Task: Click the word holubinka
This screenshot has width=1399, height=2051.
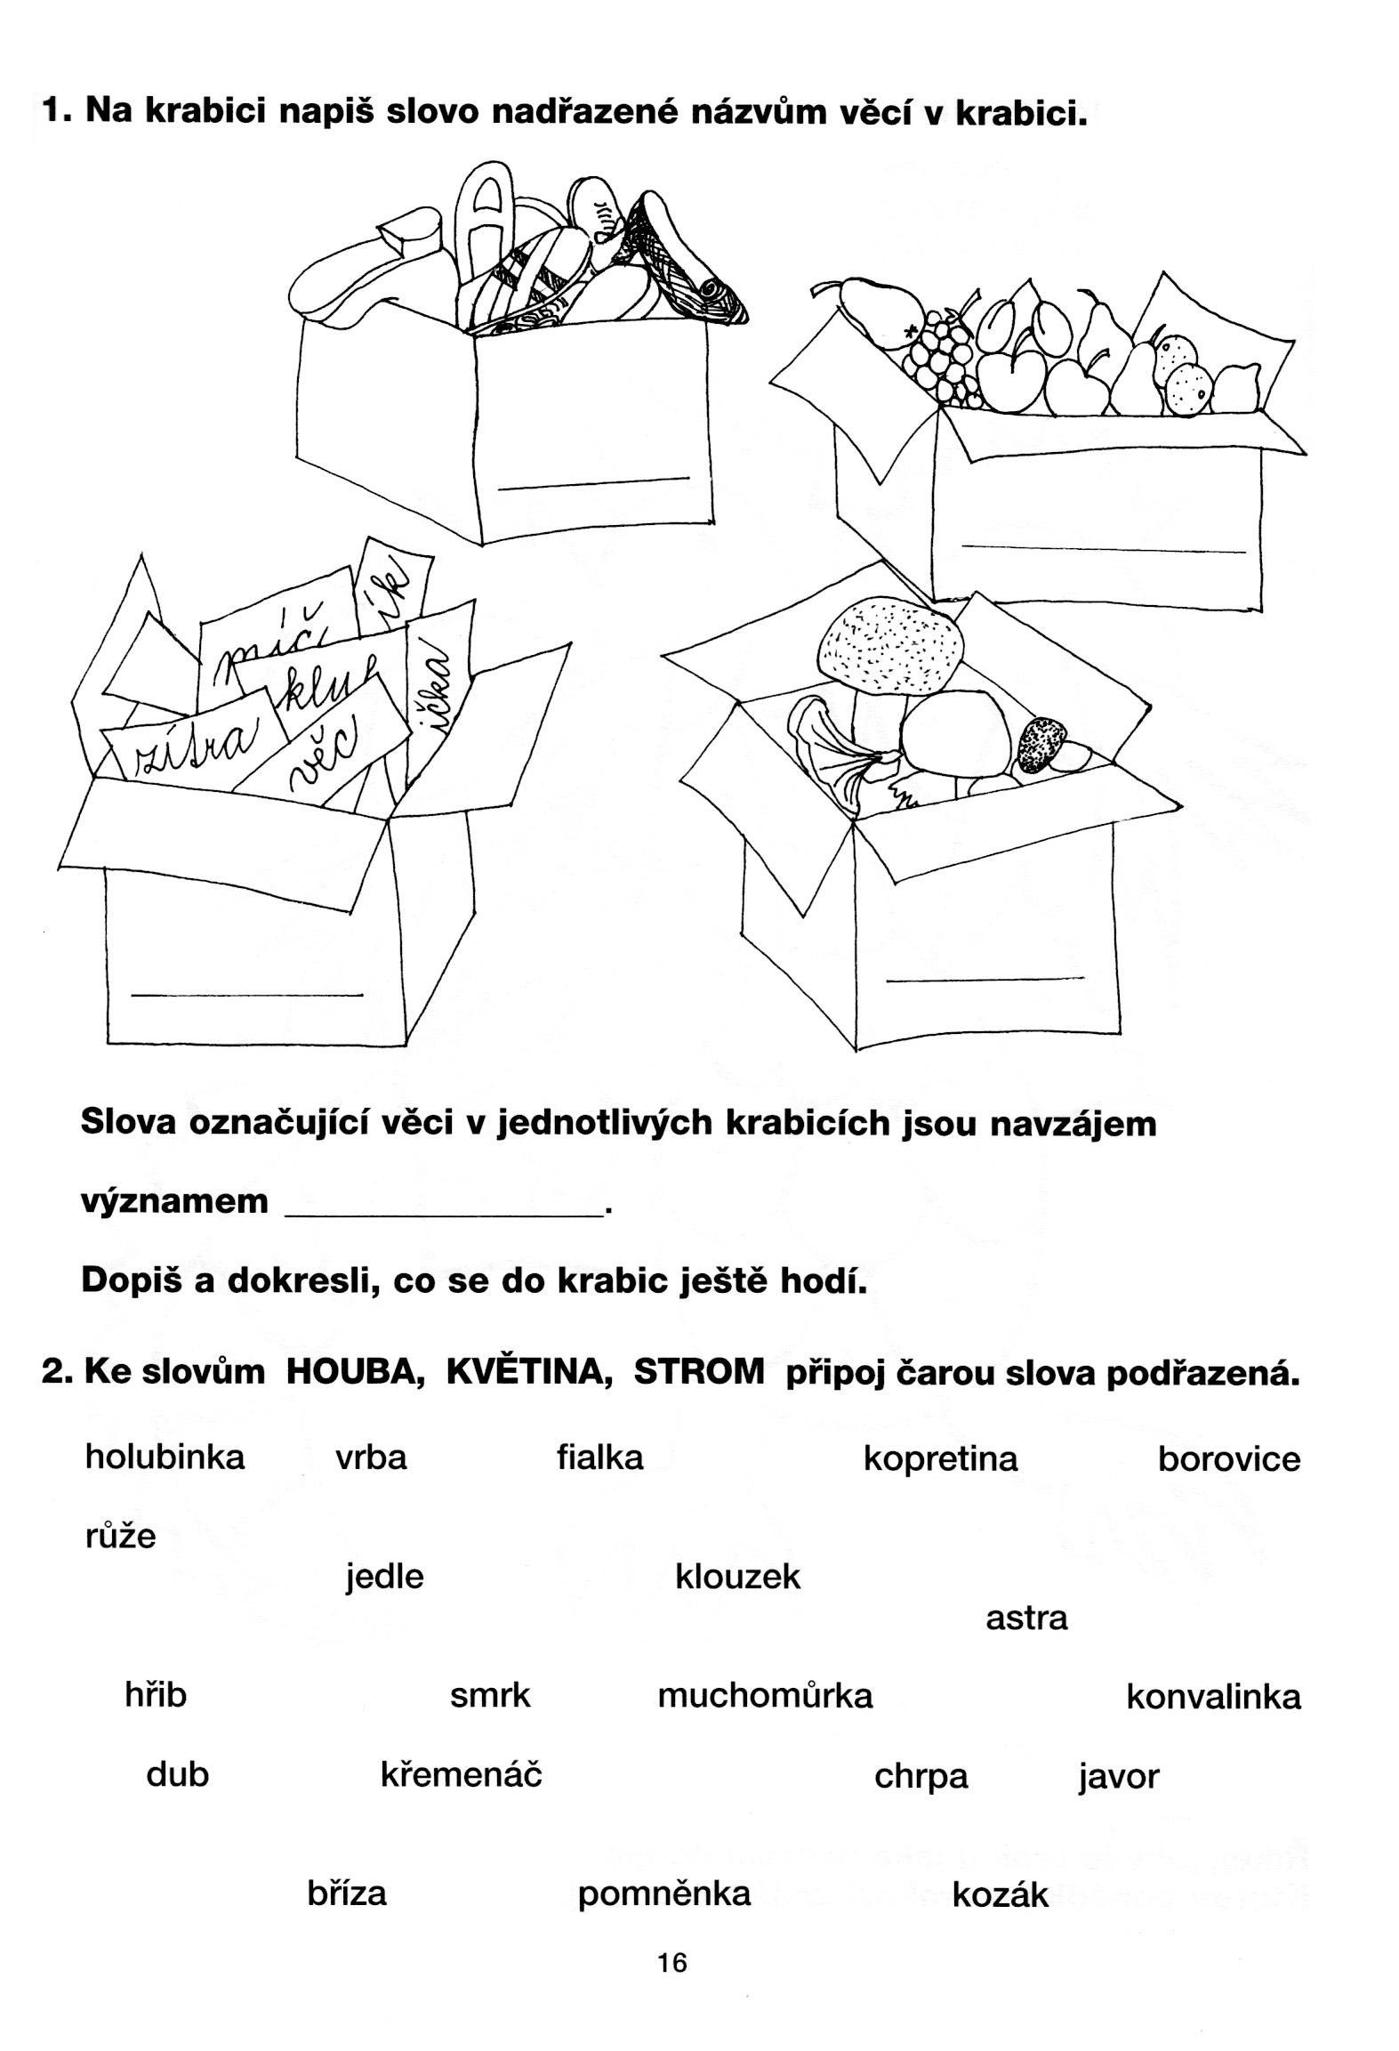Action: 165,1458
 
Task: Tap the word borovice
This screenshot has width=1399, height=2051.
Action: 1228,1459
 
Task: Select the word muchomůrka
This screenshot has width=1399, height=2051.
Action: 765,1695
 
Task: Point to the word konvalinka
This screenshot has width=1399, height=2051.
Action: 1213,1697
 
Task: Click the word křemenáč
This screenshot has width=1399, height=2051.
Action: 461,1774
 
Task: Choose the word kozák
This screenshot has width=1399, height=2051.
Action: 1000,1895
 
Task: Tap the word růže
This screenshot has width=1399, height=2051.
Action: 120,1536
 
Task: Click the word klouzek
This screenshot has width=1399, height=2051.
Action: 737,1577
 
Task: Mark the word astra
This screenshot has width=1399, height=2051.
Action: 1025,1618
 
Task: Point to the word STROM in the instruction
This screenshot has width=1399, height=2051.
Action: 698,1372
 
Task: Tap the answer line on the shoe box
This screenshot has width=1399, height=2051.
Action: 593,483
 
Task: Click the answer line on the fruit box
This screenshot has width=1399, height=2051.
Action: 1103,549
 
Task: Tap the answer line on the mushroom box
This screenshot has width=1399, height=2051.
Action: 985,980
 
